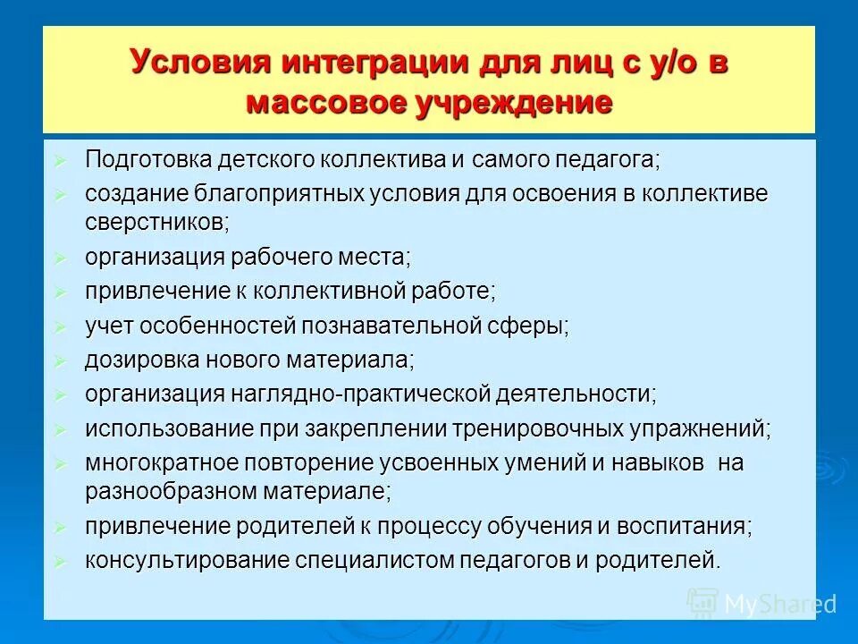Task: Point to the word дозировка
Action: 139,360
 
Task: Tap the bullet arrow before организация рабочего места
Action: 60,258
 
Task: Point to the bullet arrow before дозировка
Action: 60,361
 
